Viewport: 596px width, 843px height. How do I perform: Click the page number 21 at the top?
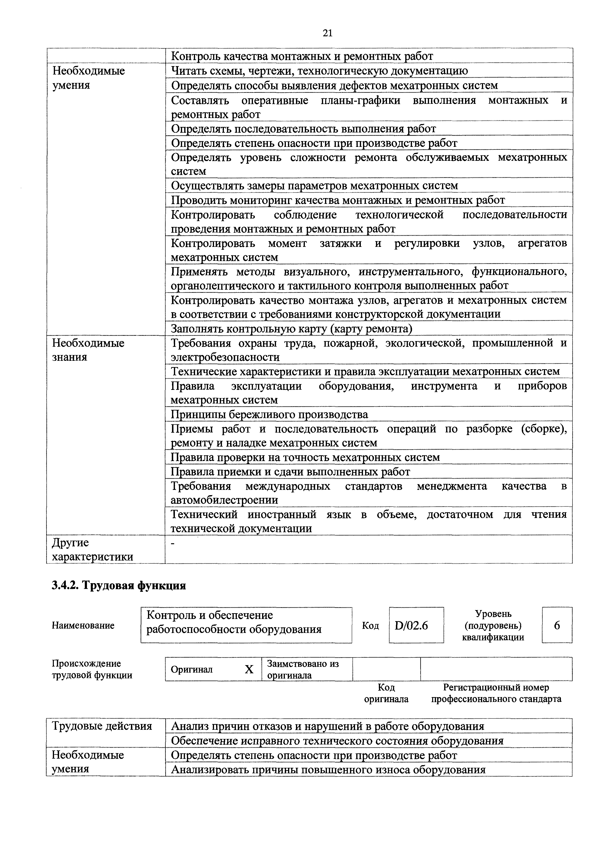327,33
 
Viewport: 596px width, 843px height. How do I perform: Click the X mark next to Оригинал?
249,669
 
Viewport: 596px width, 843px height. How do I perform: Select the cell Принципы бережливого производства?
269,414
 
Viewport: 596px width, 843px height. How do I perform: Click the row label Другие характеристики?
92,550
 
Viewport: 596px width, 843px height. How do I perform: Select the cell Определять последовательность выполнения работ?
303,129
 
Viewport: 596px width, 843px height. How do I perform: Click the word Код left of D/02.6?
370,625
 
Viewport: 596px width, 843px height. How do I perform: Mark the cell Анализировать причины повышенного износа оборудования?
328,770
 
